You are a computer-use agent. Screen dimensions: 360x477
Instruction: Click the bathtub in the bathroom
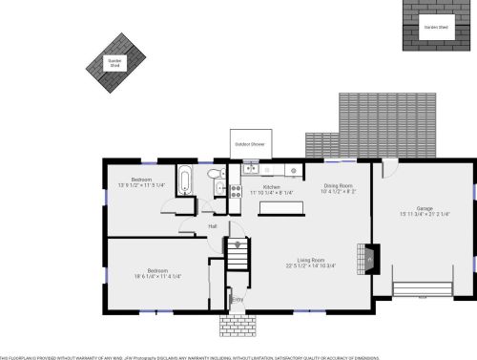point(186,179)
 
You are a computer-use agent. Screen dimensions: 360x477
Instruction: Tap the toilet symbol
point(217,173)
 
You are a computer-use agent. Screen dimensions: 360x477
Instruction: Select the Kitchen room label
point(271,187)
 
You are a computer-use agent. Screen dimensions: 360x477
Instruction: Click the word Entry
point(238,300)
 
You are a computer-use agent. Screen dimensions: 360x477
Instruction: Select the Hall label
point(213,226)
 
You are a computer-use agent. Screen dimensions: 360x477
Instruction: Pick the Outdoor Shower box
point(250,143)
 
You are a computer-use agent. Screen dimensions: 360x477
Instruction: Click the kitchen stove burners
point(234,189)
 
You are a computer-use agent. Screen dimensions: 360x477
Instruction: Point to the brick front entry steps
point(237,324)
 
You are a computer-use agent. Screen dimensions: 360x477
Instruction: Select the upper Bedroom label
point(141,180)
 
